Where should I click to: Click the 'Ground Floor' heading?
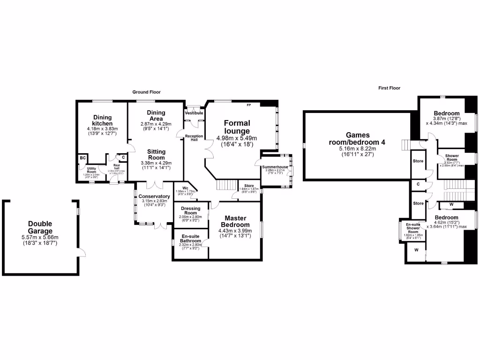click(x=146, y=92)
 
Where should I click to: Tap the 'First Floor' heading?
click(x=390, y=88)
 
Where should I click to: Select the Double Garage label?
click(x=40, y=227)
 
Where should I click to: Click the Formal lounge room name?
click(x=237, y=127)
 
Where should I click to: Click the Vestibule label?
click(x=194, y=113)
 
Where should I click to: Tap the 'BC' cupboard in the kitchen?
click(x=82, y=158)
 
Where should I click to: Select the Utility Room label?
click(x=91, y=170)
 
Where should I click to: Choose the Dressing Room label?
click(x=190, y=210)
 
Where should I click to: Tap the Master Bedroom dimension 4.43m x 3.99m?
click(x=235, y=230)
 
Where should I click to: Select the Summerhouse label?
click(x=275, y=166)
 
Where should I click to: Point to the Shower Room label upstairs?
click(x=452, y=157)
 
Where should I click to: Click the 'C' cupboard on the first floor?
click(x=418, y=184)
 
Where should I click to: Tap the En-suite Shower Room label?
click(x=413, y=228)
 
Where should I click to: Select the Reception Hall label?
click(x=194, y=137)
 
